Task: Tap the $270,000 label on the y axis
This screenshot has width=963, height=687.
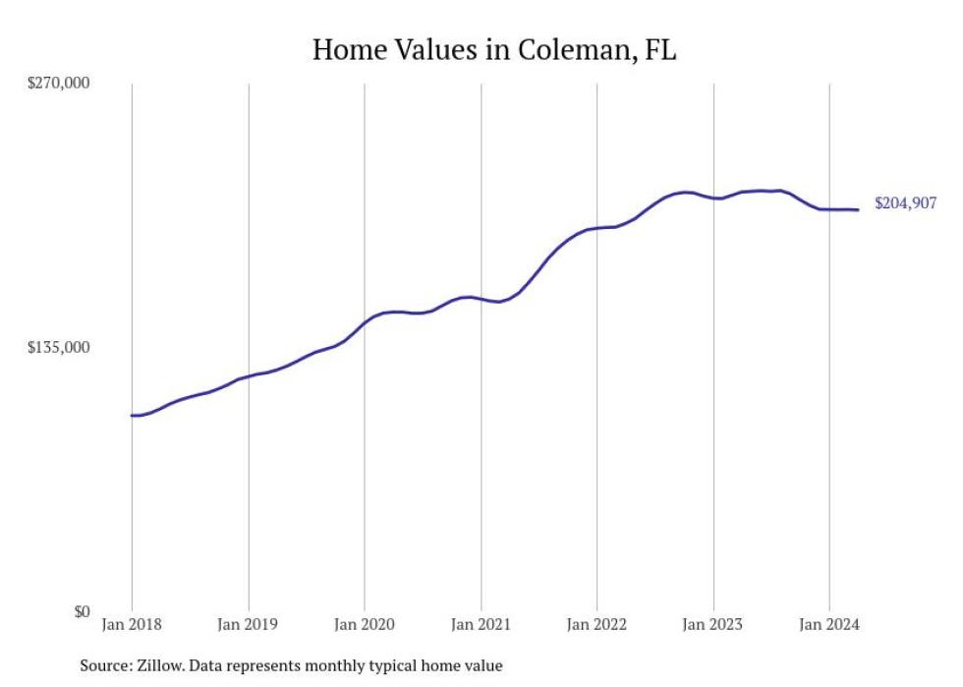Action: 58,84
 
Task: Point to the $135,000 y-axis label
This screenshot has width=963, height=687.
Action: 58,348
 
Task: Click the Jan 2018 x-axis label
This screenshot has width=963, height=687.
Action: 132,624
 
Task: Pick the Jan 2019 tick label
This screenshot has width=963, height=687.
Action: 248,624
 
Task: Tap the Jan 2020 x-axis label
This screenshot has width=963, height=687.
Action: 364,624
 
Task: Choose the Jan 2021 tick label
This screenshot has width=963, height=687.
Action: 481,624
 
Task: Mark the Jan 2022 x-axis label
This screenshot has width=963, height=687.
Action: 596,624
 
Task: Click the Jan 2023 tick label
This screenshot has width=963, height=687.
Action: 712,624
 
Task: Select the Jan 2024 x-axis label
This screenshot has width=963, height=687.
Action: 829,624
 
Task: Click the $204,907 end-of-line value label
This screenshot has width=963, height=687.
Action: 905,204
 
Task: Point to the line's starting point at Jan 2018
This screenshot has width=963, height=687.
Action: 132,416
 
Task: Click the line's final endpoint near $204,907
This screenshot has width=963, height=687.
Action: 859,209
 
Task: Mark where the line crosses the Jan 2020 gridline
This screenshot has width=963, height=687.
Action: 365,322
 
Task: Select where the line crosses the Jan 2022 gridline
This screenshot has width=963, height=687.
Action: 596,228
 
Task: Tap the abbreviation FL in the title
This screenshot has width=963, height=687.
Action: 660,49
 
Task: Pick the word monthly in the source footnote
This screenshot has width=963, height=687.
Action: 337,666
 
